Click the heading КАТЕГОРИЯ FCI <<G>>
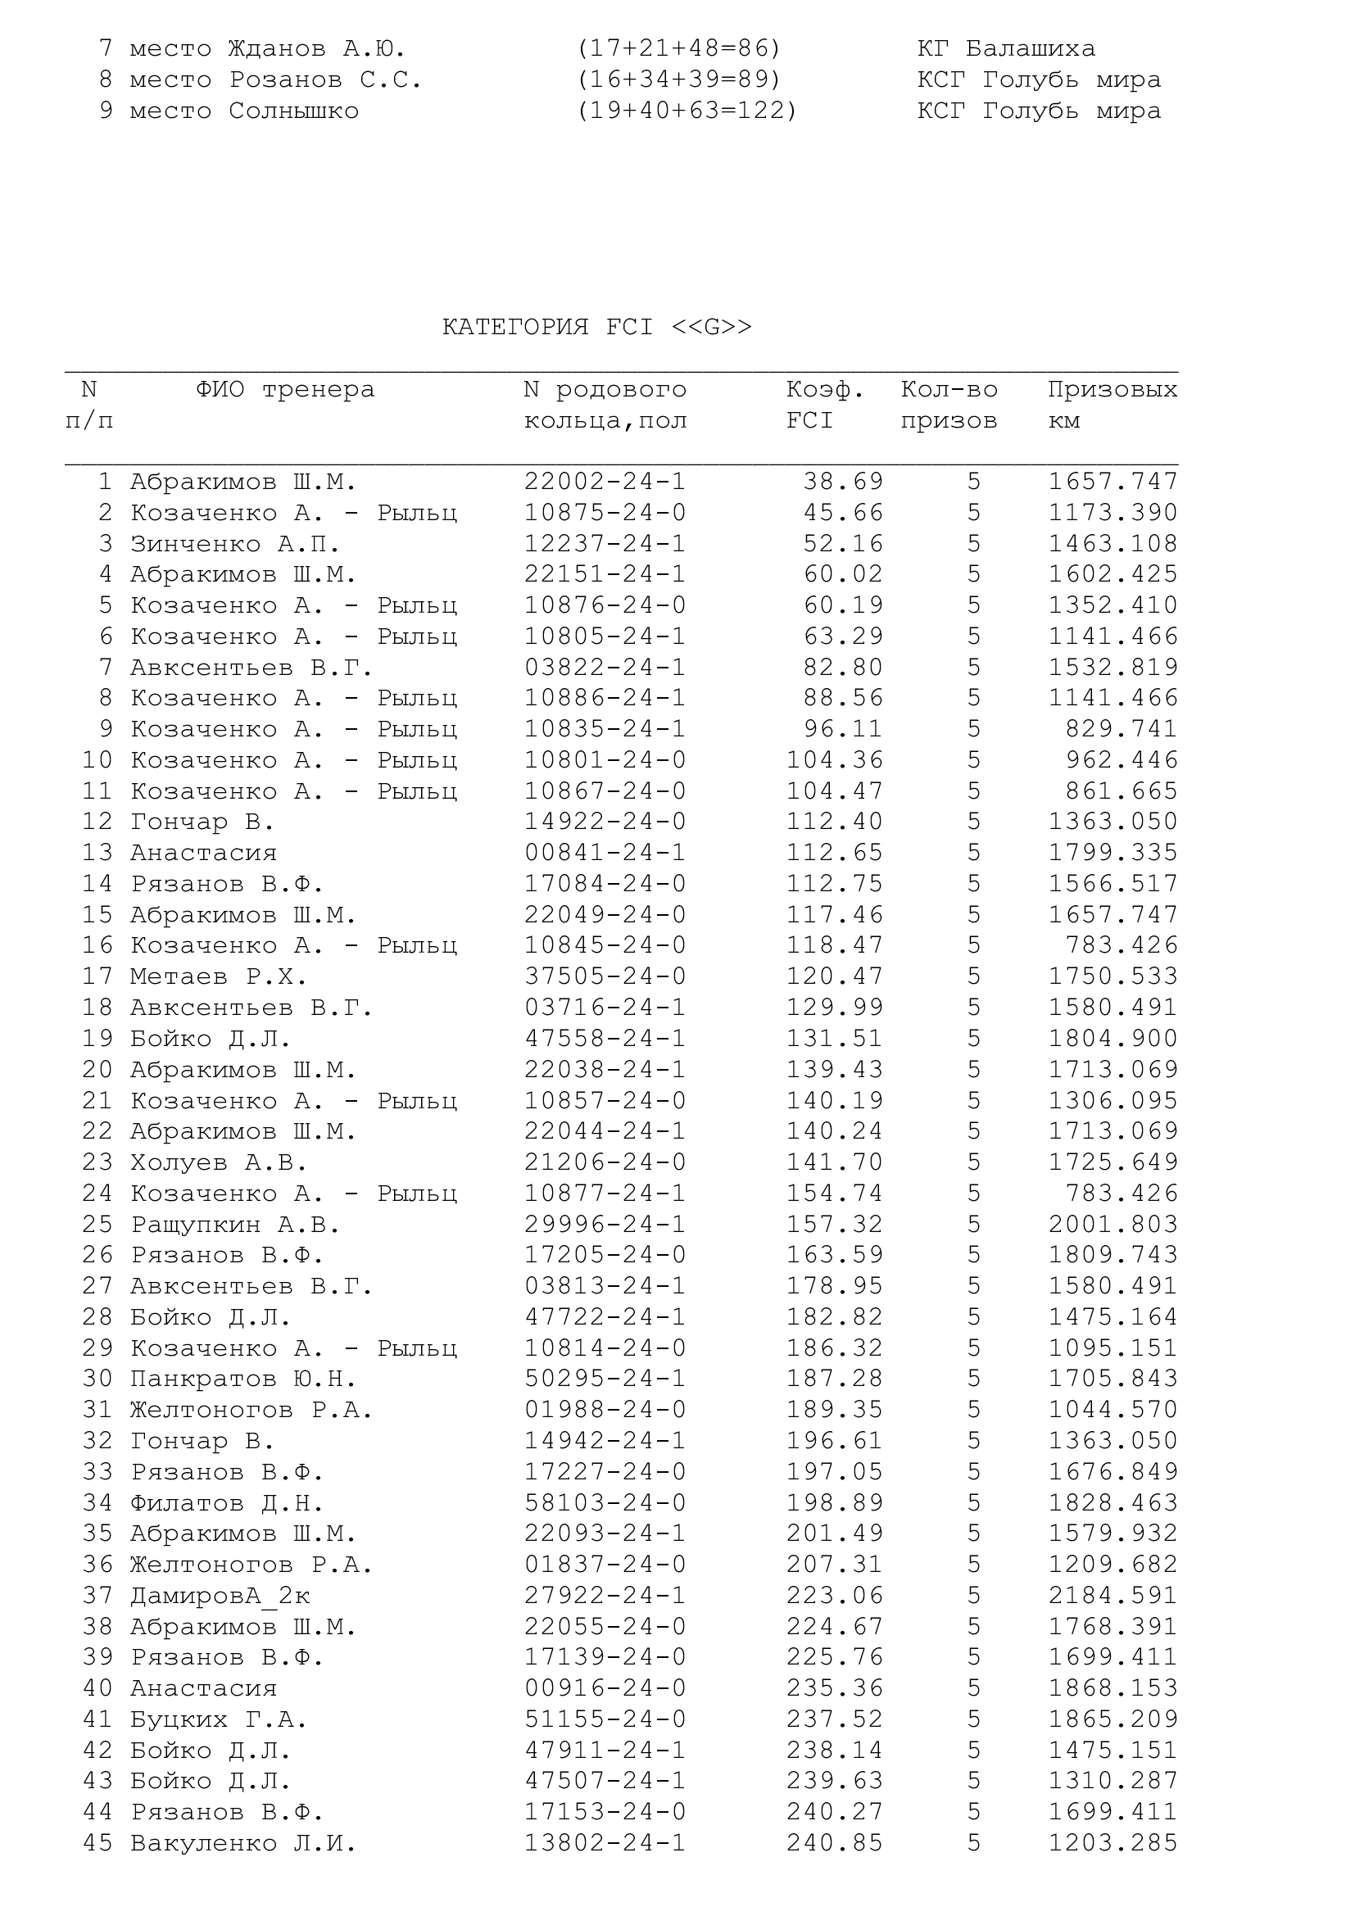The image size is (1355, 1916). pyautogui.click(x=596, y=326)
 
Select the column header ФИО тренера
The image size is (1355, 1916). pyautogui.click(x=285, y=390)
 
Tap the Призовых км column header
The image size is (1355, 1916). pyautogui.click(x=1113, y=405)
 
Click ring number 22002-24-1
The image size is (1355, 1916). pyautogui.click(x=605, y=482)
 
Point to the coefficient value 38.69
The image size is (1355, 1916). pyautogui.click(x=843, y=482)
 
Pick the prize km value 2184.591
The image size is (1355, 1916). pyautogui.click(x=1113, y=1595)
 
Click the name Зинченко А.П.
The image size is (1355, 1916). pyautogui.click(x=235, y=544)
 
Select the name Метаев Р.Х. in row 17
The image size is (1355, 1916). pyautogui.click(x=219, y=976)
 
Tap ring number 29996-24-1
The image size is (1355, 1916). pyautogui.click(x=605, y=1224)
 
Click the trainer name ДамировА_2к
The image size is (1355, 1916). pyautogui.click(x=220, y=1595)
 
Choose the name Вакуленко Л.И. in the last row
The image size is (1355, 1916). pyautogui.click(x=242, y=1842)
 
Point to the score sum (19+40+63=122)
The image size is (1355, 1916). pyautogui.click(x=687, y=111)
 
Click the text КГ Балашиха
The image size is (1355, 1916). pyautogui.click(x=1006, y=48)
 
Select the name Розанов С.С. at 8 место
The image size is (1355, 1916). pyautogui.click(x=325, y=80)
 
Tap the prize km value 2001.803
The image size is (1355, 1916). pyautogui.click(x=1113, y=1224)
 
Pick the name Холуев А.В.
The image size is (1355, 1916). pyautogui.click(x=219, y=1162)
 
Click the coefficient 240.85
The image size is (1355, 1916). pyautogui.click(x=834, y=1842)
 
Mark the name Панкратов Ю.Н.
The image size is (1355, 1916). pyautogui.click(x=242, y=1379)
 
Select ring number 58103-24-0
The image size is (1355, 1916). pyautogui.click(x=605, y=1503)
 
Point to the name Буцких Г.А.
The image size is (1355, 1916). pyautogui.click(x=219, y=1719)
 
